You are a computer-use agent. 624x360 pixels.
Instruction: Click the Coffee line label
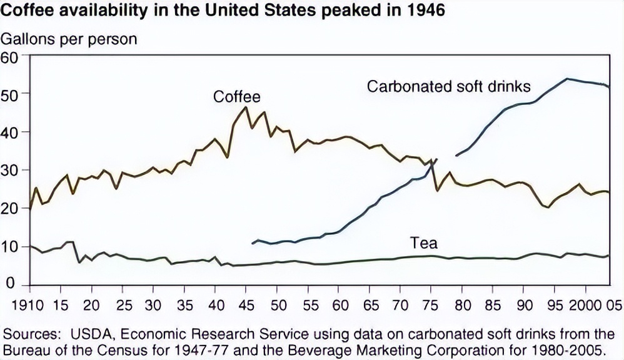[236, 97]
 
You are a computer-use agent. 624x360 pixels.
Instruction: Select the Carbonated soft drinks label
[448, 86]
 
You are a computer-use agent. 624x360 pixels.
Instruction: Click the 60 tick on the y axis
[12, 56]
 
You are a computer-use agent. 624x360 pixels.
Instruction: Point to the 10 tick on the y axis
[12, 247]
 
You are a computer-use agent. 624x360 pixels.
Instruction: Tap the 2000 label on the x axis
[586, 307]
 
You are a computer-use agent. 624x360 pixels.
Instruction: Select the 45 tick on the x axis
[246, 307]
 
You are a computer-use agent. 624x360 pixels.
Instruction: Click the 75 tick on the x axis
[431, 307]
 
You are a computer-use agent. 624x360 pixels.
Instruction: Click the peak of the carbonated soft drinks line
[566, 79]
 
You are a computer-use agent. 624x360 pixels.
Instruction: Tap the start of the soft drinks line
[253, 243]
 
